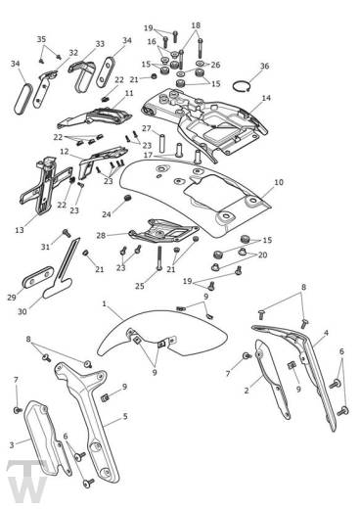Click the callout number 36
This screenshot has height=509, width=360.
click(264, 66)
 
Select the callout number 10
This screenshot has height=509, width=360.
click(279, 182)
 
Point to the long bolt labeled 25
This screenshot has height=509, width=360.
click(159, 257)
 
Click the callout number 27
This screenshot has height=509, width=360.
click(147, 128)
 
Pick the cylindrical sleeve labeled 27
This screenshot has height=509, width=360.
click(161, 142)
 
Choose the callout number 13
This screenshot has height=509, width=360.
click(20, 230)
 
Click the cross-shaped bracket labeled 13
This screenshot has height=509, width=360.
click(45, 188)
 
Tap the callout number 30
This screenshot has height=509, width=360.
click(22, 311)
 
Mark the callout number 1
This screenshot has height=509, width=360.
click(104, 303)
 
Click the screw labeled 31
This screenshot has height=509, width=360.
click(67, 233)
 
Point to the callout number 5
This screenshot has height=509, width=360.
click(125, 416)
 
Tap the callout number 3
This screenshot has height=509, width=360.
click(12, 444)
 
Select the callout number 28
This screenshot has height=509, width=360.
click(101, 235)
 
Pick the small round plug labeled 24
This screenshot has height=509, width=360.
click(128, 198)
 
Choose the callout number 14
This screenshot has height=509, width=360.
click(266, 98)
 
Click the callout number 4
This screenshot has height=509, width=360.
click(326, 333)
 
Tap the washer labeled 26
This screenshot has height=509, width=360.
click(201, 63)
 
